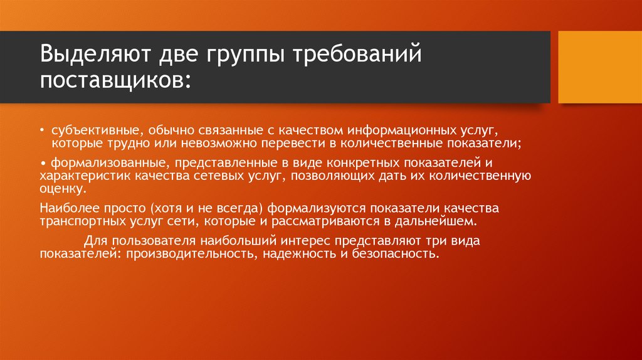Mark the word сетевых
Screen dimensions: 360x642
coord(223,176)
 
